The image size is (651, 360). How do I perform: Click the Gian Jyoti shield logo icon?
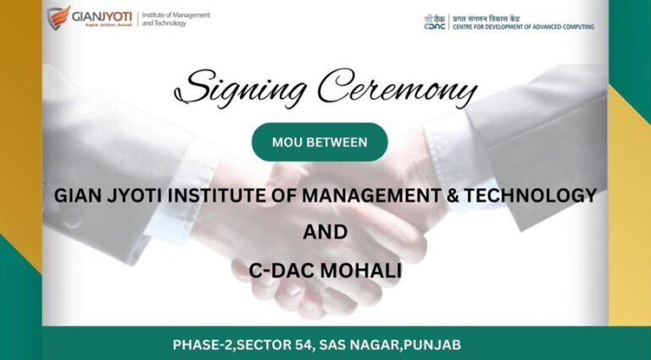pyautogui.click(x=58, y=18)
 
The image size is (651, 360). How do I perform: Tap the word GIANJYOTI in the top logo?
pyautogui.click(x=102, y=17)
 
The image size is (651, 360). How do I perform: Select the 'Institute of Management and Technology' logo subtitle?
pyautogui.click(x=176, y=19)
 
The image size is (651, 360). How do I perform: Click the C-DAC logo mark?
pyautogui.click(x=435, y=22)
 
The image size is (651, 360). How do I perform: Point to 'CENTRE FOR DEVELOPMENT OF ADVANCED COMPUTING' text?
pyautogui.click(x=523, y=26)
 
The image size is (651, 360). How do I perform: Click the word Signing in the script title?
pyautogui.click(x=241, y=88)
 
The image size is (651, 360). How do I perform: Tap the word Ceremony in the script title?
pyautogui.click(x=398, y=88)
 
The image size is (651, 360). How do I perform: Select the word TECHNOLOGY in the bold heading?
pyautogui.click(x=530, y=196)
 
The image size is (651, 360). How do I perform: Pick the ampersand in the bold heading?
pyautogui.click(x=452, y=196)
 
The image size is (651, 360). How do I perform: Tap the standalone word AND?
pyautogui.click(x=325, y=232)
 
